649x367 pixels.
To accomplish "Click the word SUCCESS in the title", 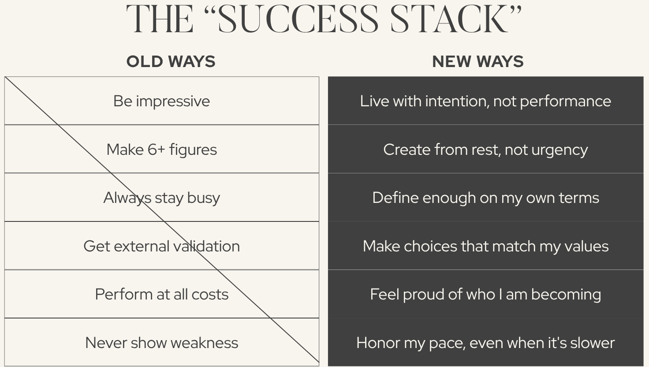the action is [298, 19].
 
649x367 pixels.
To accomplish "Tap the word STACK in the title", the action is [450, 19].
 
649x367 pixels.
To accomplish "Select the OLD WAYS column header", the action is [171, 61].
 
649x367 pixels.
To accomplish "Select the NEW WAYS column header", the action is [478, 61].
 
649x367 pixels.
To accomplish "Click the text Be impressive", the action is [162, 101].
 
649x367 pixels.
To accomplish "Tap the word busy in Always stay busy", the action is [203, 198].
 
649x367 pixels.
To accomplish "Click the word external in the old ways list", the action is [142, 246].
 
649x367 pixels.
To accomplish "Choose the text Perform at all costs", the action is [162, 295].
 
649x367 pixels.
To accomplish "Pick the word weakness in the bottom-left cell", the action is [204, 343].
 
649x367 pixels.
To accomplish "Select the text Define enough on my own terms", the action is [485, 198].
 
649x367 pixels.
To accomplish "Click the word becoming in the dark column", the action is [566, 295].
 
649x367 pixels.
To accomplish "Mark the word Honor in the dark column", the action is [378, 343].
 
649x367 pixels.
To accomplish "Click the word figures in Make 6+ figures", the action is [193, 150].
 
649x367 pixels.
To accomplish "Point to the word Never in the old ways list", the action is [106, 343].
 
